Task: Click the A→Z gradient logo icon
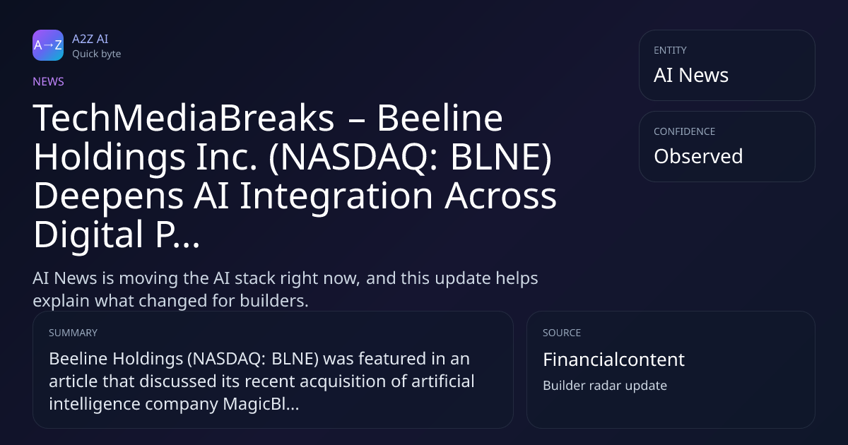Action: click(x=48, y=45)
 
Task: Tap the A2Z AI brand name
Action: click(x=90, y=39)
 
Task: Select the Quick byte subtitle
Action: click(x=97, y=54)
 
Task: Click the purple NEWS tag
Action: click(x=48, y=81)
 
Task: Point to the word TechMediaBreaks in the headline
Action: click(x=184, y=118)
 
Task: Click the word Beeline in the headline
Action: click(x=440, y=118)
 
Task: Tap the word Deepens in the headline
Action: click(x=109, y=197)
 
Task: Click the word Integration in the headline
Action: click(x=336, y=197)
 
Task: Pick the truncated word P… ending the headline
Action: click(x=177, y=235)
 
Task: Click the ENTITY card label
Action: click(x=670, y=50)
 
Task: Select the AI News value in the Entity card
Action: click(x=691, y=75)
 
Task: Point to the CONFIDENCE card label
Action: click(x=685, y=131)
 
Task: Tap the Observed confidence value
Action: click(x=698, y=156)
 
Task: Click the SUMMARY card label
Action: click(x=73, y=333)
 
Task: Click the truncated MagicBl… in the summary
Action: click(x=261, y=404)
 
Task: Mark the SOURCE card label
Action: click(x=561, y=333)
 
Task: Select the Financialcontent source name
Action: click(x=613, y=359)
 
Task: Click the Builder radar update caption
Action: click(x=605, y=386)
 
